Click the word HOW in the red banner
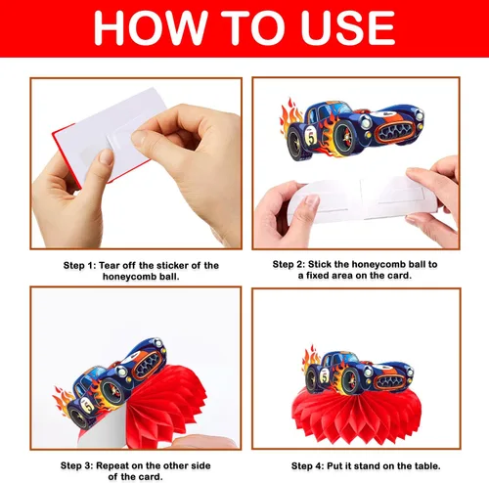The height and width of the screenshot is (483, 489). coord(151,27)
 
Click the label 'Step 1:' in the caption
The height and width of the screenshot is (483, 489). coord(79,266)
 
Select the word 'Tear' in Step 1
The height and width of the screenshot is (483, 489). coord(111,266)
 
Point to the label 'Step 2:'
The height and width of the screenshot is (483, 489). coord(289,264)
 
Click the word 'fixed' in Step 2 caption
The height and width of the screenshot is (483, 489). coord(321,276)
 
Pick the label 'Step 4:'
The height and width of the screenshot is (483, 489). coord(307,466)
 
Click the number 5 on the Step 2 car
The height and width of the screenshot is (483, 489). coord(311,138)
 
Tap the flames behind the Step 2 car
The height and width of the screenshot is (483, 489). coord(290,115)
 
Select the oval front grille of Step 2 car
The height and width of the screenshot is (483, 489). coord(395,131)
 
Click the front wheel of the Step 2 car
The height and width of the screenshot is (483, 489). coord(347,138)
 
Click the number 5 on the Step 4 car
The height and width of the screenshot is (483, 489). coord(325,376)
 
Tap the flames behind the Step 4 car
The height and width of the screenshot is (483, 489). coord(311,359)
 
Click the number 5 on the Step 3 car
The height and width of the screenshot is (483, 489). coord(88,405)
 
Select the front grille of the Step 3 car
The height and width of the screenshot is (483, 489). coord(149,365)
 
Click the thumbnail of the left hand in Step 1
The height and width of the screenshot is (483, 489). coord(106,157)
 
